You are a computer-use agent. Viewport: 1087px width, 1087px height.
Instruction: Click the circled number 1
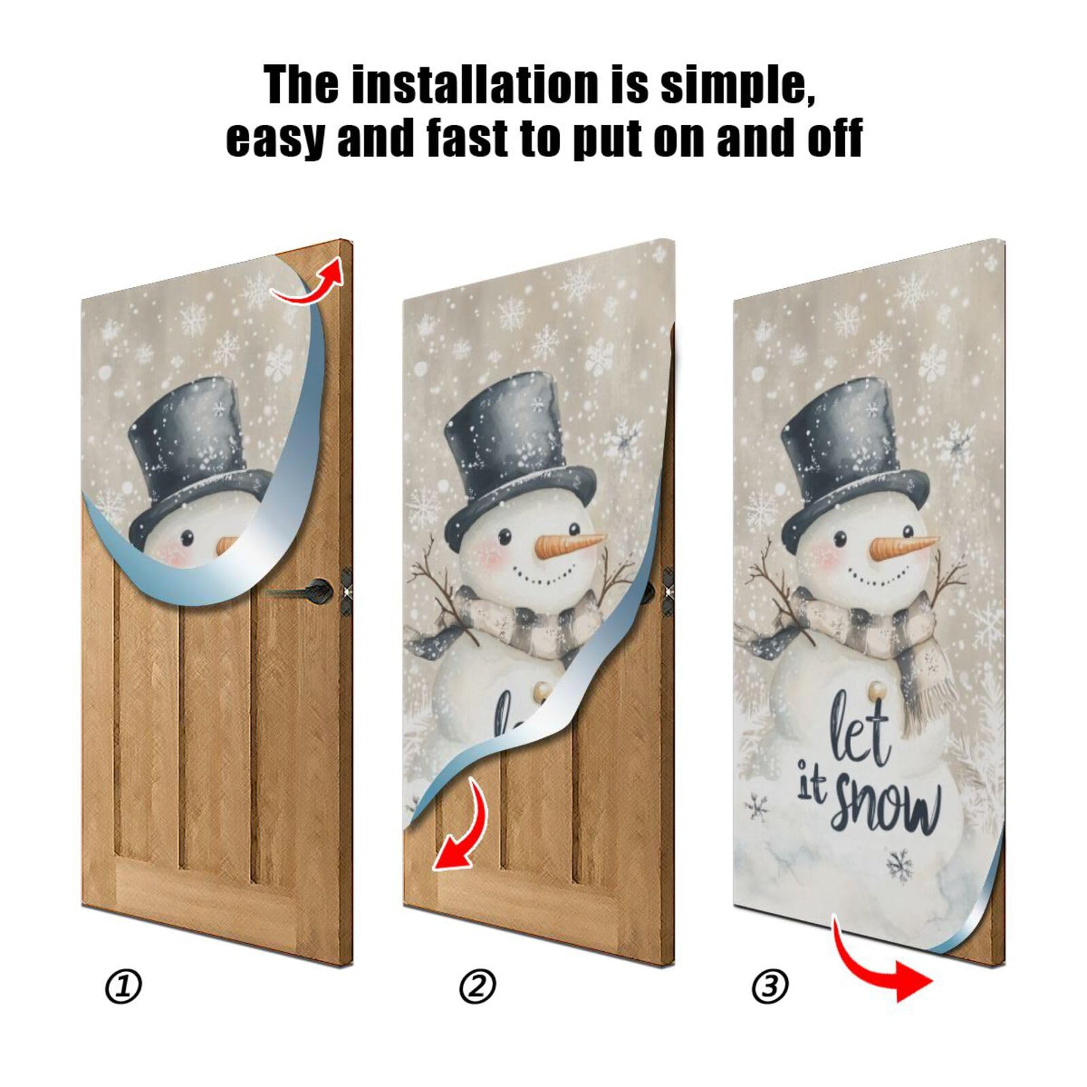click(124, 986)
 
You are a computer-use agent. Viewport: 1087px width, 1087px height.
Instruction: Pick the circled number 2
click(478, 986)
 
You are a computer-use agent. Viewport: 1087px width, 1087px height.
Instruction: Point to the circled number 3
click(770, 986)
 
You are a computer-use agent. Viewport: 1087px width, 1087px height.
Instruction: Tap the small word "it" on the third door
click(810, 787)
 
